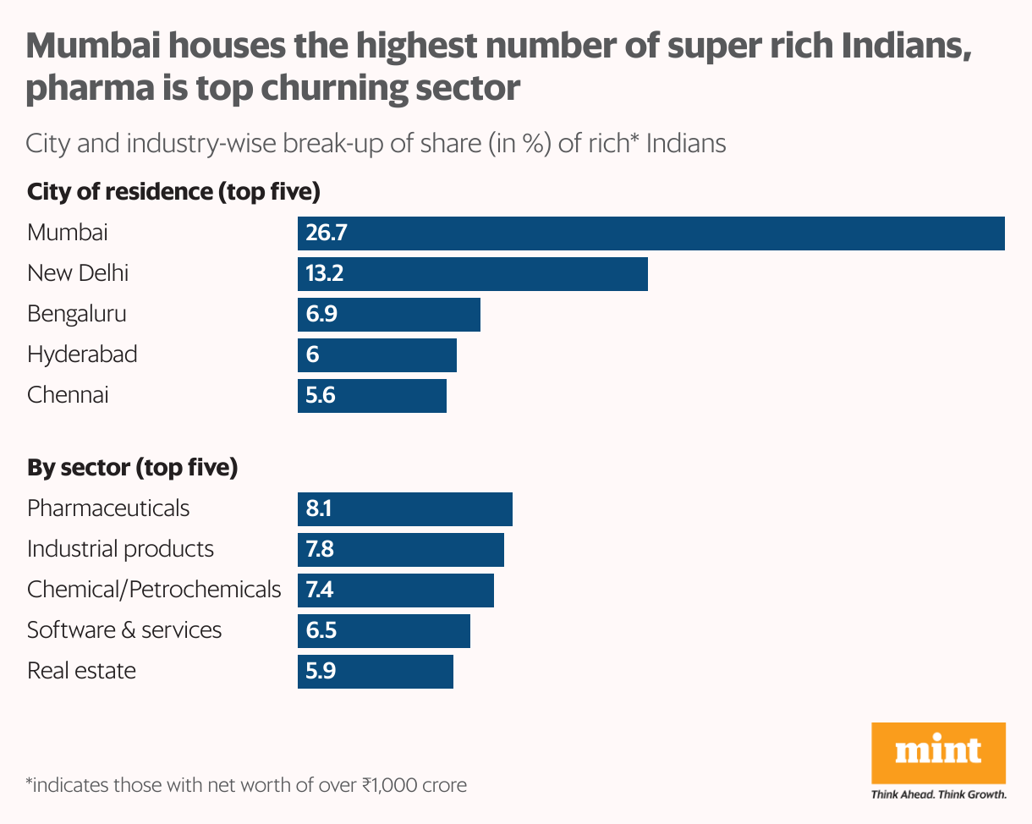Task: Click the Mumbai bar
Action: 651,233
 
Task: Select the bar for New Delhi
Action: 473,274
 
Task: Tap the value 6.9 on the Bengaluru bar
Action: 321,315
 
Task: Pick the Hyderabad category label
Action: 82,354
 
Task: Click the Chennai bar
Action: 372,396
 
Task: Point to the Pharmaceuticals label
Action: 108,508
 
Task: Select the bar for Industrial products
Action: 401,549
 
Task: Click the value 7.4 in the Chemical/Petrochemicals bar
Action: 321,590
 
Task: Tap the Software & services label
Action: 124,630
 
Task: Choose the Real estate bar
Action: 376,671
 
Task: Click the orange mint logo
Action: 938,752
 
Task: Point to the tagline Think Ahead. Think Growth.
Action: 938,794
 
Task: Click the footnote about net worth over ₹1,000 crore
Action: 246,785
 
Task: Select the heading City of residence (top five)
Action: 173,192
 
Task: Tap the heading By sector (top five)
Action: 132,467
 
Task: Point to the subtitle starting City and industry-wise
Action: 376,143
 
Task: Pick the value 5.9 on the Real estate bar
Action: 321,671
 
